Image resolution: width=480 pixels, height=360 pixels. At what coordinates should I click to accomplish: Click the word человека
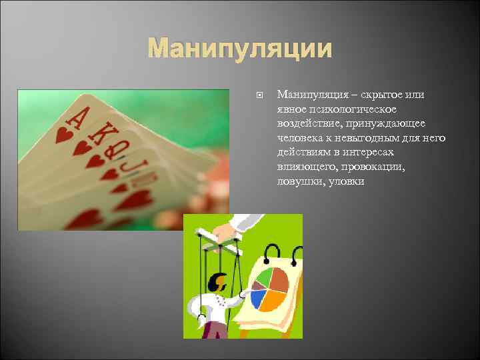coord(303,139)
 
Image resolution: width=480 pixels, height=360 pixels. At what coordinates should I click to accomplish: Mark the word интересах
coord(380,153)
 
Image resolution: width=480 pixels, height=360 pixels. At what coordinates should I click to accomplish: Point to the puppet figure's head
coord(215,283)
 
